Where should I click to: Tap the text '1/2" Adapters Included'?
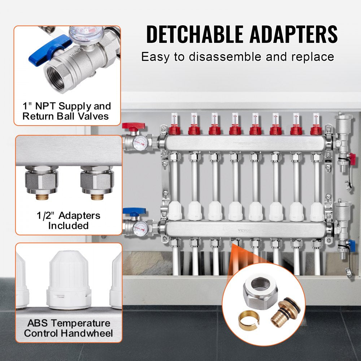68,221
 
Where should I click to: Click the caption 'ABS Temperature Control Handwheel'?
68,328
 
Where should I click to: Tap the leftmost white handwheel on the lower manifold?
175,211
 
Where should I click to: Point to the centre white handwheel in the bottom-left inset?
69,278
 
